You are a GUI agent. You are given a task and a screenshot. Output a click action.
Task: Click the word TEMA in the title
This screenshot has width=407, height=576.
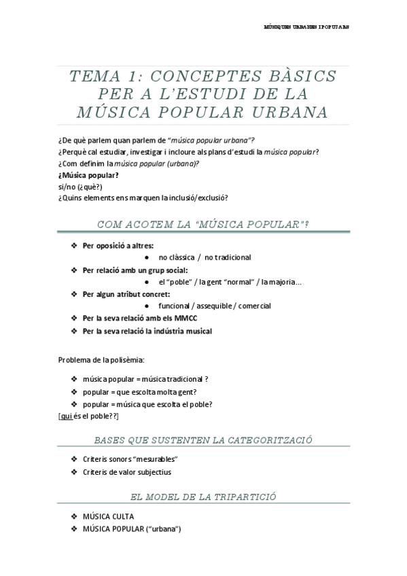(92, 75)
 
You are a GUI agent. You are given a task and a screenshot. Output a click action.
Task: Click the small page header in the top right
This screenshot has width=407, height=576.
(306, 29)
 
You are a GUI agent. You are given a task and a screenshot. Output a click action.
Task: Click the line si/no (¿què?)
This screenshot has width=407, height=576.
(80, 186)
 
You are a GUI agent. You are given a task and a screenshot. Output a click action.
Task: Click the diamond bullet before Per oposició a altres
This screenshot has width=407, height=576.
(74, 245)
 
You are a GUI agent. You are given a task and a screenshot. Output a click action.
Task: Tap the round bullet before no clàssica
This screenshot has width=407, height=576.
(149, 257)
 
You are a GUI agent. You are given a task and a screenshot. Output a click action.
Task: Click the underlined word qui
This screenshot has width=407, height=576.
(66, 415)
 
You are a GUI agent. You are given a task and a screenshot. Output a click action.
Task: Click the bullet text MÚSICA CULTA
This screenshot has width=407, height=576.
(109, 517)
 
